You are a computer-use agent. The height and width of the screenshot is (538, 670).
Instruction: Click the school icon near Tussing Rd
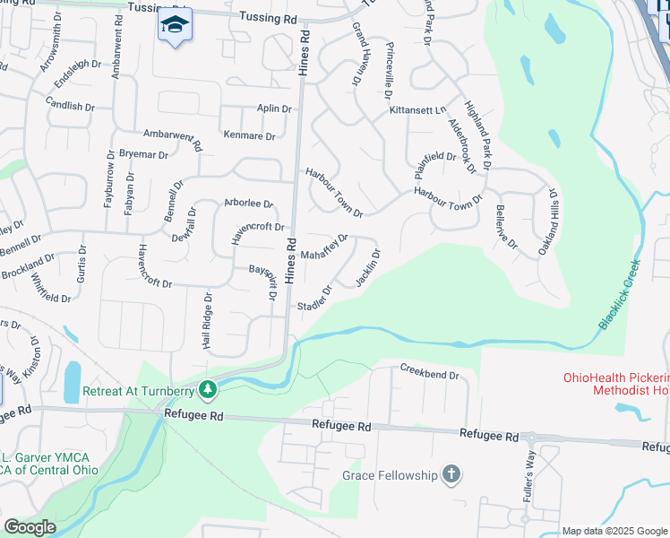coord(176,24)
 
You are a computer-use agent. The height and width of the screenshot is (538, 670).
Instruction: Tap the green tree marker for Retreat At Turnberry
coord(208,389)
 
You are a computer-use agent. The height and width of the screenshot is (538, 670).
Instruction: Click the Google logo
coord(30,527)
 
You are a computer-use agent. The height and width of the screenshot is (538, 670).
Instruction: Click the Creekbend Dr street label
coord(429,371)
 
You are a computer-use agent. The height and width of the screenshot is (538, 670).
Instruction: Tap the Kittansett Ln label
coord(417,110)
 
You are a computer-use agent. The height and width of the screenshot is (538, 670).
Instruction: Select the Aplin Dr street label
coord(274,108)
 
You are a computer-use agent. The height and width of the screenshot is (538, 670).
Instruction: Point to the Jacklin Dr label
coord(368,267)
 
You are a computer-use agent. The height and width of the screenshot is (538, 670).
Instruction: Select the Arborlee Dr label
coord(248,204)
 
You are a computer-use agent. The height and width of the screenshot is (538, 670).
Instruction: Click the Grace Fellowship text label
coord(389,475)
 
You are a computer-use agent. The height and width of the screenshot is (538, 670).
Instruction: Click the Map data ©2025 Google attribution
coord(614,531)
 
